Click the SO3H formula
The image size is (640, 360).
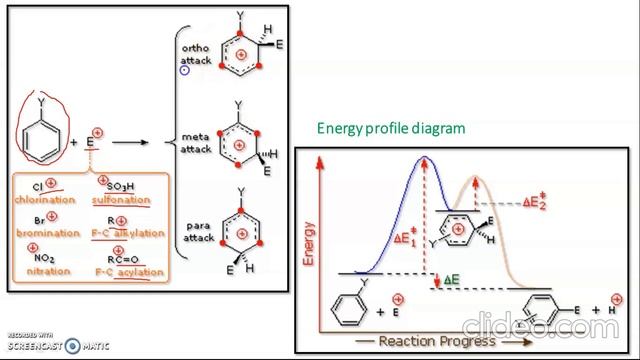coord(123,186)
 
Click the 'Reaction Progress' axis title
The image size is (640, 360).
coord(423,341)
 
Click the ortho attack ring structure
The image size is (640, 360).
coord(240,55)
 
